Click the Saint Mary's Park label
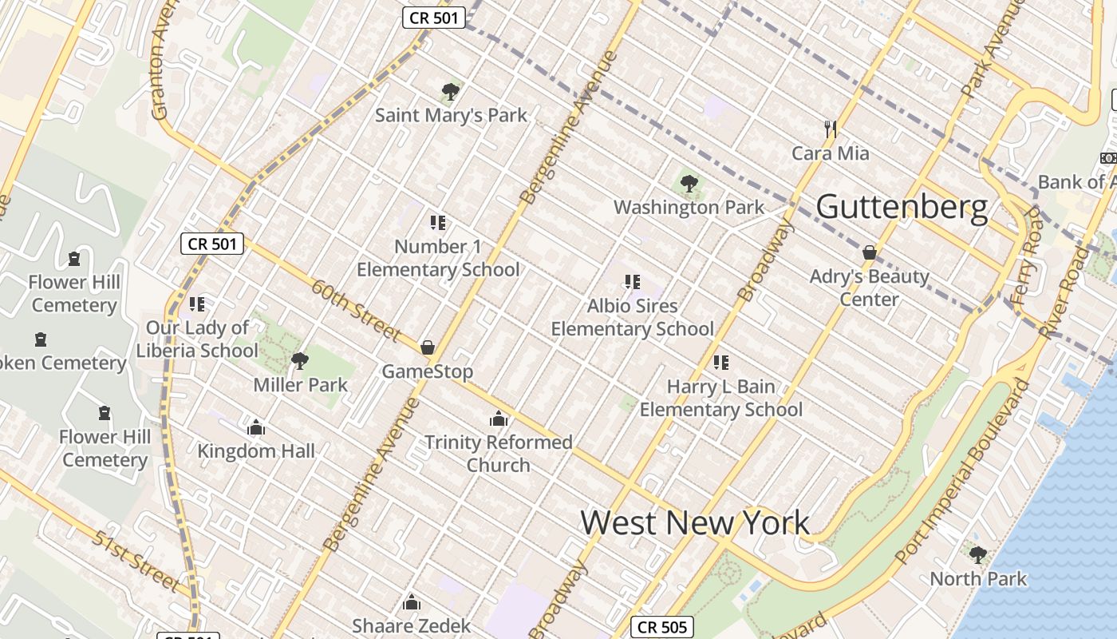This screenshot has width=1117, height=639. pyautogui.click(x=451, y=115)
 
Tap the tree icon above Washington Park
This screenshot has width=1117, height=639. pyautogui.click(x=689, y=185)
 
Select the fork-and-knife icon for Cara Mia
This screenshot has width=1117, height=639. pyautogui.click(x=830, y=129)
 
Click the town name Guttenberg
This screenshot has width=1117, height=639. pyautogui.click(x=902, y=208)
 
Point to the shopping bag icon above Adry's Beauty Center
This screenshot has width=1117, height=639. pyautogui.click(x=870, y=253)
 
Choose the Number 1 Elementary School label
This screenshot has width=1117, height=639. pyautogui.click(x=438, y=258)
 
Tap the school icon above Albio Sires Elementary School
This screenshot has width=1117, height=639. pyautogui.click(x=633, y=281)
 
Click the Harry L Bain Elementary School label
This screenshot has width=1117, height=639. pyautogui.click(x=721, y=398)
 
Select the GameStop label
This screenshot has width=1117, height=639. pyautogui.click(x=427, y=371)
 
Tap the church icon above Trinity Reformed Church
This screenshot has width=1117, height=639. pyautogui.click(x=499, y=419)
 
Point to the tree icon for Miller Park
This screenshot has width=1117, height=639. pyautogui.click(x=300, y=361)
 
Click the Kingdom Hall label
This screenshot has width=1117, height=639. pyautogui.click(x=256, y=450)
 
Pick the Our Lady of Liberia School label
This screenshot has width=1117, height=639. pyautogui.click(x=197, y=339)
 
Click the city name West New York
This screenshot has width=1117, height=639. pyautogui.click(x=695, y=523)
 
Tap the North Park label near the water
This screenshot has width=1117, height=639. pyautogui.click(x=978, y=578)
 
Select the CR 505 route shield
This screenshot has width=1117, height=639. pyautogui.click(x=662, y=627)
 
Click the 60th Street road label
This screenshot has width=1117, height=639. pyautogui.click(x=356, y=310)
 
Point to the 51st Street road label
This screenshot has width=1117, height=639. pyautogui.click(x=136, y=562)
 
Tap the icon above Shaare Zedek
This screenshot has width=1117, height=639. pyautogui.click(x=412, y=601)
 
